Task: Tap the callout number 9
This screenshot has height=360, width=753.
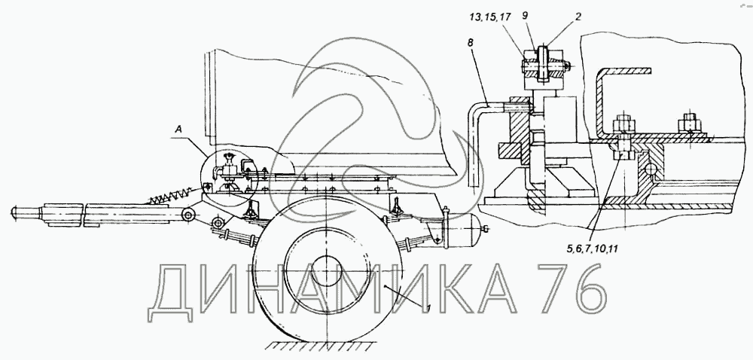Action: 526,15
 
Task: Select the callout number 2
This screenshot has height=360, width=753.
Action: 578,17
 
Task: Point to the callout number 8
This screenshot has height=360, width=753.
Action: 470,43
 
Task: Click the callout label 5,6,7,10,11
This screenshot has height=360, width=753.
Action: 591,249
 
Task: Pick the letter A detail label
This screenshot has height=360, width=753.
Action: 178,129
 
